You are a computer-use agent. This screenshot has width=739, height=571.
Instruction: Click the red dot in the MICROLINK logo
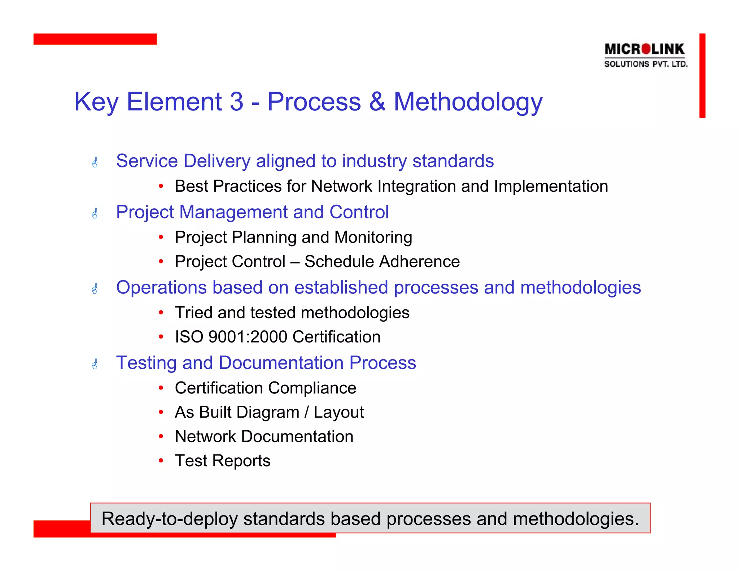coord(647,49)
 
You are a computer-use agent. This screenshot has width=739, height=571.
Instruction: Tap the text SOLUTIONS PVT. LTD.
coord(646,64)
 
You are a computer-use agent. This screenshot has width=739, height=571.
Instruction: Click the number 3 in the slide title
coord(236,102)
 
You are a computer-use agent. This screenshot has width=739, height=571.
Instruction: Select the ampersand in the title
coord(377,102)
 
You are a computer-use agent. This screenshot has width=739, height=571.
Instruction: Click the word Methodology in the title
coord(468,103)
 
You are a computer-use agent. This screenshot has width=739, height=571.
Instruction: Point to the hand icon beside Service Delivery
coord(95,162)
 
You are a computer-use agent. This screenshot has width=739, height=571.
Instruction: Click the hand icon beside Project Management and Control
coord(95,213)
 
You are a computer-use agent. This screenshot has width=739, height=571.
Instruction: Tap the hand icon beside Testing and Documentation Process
coord(95,364)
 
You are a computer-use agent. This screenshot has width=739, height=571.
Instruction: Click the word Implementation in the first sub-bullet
coord(551,187)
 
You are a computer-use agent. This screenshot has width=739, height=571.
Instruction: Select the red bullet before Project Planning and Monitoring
coord(161,237)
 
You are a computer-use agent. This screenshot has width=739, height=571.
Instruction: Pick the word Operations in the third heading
coord(161,288)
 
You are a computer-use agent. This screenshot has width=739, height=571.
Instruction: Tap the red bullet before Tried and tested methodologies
coord(161,313)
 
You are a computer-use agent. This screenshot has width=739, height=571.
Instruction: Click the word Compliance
coord(312,388)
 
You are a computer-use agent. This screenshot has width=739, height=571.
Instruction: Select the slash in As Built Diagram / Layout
coord(306,412)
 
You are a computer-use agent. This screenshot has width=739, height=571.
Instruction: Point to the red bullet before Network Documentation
coord(161,436)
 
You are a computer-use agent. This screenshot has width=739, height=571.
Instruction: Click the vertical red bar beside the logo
coord(702,75)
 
